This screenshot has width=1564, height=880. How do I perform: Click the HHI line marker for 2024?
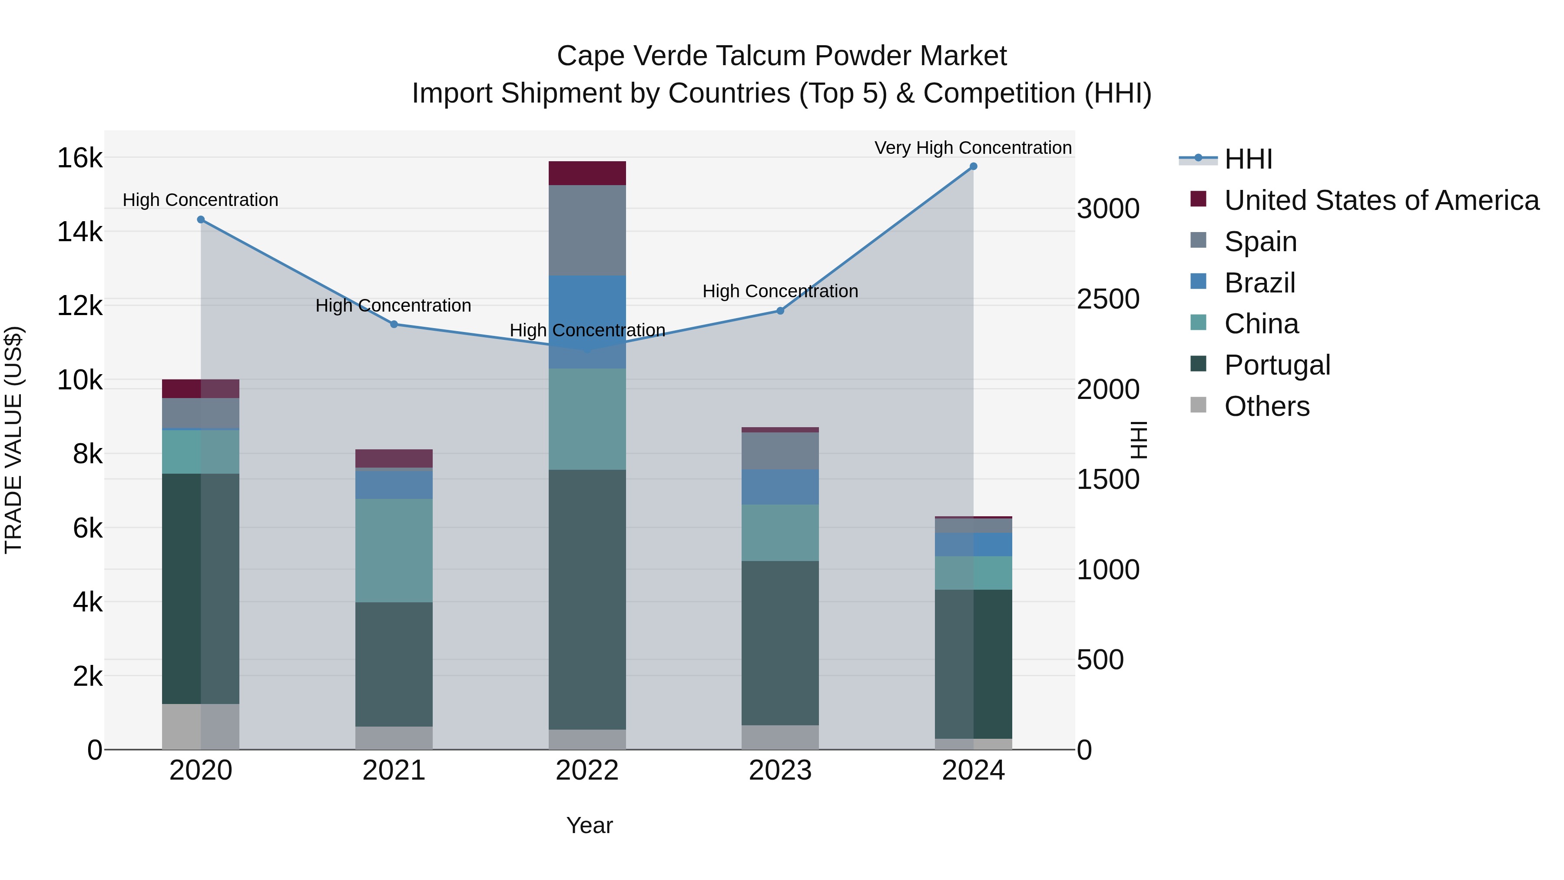[973, 166]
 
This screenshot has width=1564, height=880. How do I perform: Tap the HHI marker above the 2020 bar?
[201, 219]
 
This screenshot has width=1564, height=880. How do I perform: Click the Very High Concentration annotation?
[973, 148]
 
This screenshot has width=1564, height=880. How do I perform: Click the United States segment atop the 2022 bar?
[587, 173]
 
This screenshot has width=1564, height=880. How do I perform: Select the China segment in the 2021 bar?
[394, 550]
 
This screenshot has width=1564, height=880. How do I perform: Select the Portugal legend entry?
[1277, 365]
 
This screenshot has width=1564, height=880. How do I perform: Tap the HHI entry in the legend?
[1248, 159]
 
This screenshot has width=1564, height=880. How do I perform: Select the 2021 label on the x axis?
[394, 770]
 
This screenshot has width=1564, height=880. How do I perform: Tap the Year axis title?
[589, 825]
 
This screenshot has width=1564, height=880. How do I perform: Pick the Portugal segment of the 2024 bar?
[973, 663]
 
